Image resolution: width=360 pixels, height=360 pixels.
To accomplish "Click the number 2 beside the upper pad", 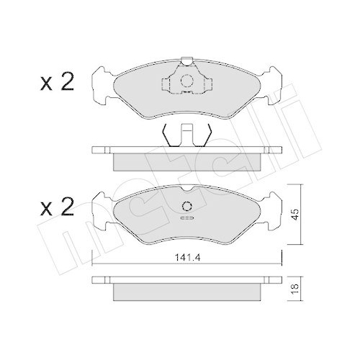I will (67, 84).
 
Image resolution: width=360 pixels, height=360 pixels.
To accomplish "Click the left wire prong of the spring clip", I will (167, 135).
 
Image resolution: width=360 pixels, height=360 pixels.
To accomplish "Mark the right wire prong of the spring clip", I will (206, 135).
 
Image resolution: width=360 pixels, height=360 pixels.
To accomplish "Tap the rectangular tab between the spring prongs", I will (186, 135).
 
